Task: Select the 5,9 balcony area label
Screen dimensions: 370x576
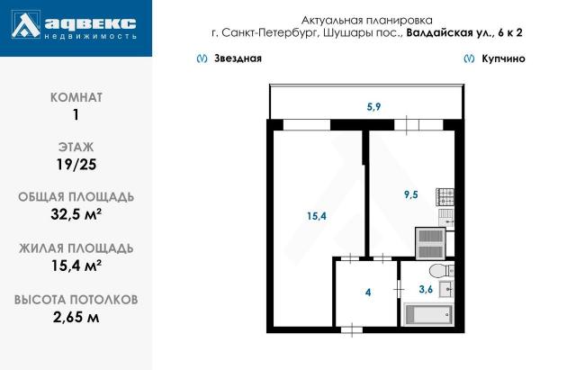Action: pyautogui.click(x=373, y=107)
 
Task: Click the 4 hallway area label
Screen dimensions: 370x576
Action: pyautogui.click(x=367, y=292)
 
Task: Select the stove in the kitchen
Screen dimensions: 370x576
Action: pyautogui.click(x=445, y=197)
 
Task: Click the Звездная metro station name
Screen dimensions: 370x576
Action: pyautogui.click(x=238, y=59)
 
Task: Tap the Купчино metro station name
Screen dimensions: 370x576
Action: pyautogui.click(x=502, y=59)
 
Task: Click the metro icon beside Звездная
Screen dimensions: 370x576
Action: pyautogui.click(x=199, y=59)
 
